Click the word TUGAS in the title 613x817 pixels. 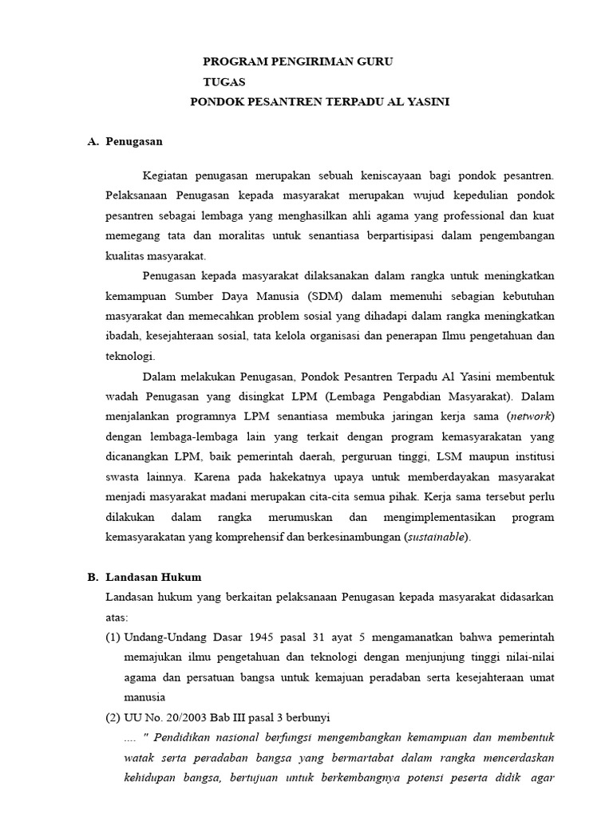coord(224,81)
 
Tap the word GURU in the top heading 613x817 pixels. coord(372,61)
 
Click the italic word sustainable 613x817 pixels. coord(437,537)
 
